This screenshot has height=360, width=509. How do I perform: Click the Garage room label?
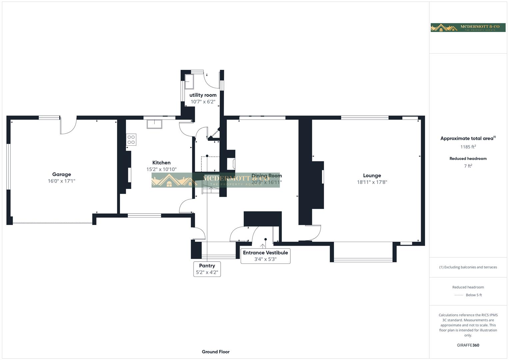click(61, 174)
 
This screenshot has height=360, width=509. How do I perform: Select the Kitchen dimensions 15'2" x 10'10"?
click(161, 169)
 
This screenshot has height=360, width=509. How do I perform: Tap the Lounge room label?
click(372, 175)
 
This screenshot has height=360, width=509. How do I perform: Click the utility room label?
click(203, 95)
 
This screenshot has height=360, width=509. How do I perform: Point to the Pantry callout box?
click(207, 269)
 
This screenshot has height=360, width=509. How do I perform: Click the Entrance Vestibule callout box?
click(265, 256)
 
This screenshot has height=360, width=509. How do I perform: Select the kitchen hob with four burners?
click(131, 140)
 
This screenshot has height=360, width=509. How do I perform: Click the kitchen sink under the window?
click(154, 124)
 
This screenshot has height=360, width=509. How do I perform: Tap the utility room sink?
click(190, 81)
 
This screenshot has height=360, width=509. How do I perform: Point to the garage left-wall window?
click(9, 167)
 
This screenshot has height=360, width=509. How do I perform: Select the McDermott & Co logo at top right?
click(468, 27)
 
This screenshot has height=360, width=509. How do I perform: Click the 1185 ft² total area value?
click(468, 147)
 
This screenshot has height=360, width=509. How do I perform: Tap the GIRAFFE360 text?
click(468, 345)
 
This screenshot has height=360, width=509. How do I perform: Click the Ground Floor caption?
click(216, 352)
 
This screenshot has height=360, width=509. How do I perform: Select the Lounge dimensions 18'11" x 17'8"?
click(372, 182)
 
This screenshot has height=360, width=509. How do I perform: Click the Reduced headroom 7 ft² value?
click(468, 166)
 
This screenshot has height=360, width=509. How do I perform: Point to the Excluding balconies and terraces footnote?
click(468, 267)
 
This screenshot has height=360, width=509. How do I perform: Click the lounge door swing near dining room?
click(313, 232)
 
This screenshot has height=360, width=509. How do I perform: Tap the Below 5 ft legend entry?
click(473, 295)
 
